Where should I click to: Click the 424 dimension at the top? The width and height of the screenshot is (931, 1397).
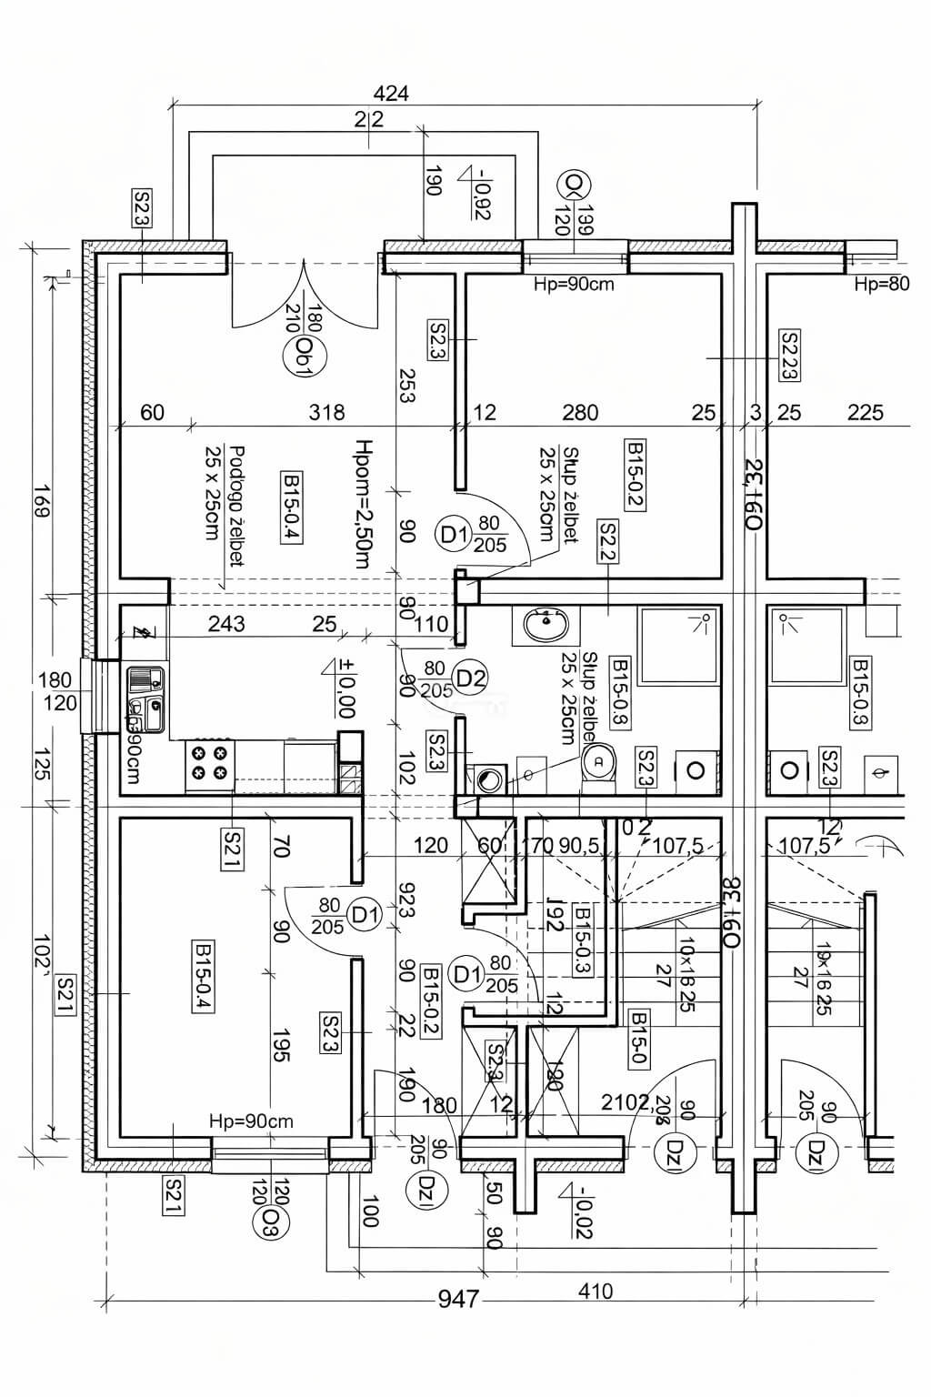click(x=391, y=93)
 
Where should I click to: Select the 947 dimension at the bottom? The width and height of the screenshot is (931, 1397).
click(x=458, y=1299)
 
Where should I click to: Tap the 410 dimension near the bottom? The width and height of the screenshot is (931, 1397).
click(x=595, y=1291)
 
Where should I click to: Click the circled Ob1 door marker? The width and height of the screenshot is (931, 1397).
click(x=297, y=357)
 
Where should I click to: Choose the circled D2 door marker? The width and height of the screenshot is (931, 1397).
click(x=471, y=678)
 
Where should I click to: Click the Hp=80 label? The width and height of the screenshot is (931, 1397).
click(x=881, y=285)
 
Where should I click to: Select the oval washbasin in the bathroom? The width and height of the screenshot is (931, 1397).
click(x=546, y=625)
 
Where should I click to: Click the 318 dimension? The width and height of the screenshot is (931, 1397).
click(x=326, y=413)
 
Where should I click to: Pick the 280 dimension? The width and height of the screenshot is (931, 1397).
click(x=580, y=413)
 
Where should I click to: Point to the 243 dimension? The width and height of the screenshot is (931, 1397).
click(x=226, y=624)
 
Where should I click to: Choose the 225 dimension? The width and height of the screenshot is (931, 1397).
click(x=865, y=413)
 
